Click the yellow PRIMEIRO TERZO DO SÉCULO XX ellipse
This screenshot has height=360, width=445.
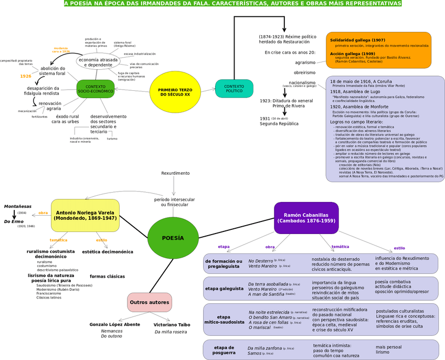click(x=175, y=92)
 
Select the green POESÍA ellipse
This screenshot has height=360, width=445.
click(x=173, y=238)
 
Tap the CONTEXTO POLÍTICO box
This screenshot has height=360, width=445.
click(x=234, y=89)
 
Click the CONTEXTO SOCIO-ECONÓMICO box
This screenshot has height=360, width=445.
click(x=96, y=89)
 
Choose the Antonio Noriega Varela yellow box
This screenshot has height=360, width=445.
click(x=85, y=215)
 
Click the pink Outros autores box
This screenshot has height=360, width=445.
click(x=150, y=302)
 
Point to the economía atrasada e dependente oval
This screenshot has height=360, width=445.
click(x=98, y=62)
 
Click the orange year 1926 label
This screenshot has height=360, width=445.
click(x=26, y=76)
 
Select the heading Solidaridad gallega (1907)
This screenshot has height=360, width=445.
click(x=358, y=40)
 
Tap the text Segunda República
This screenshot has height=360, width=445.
click(x=279, y=124)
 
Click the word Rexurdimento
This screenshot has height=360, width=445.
click(x=175, y=173)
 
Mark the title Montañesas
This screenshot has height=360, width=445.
click(x=18, y=206)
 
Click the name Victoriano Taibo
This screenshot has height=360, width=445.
click(x=172, y=325)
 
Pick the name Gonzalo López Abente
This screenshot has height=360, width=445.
click(x=115, y=324)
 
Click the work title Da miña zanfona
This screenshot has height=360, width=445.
click(x=264, y=348)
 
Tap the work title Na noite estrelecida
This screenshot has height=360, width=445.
click(x=269, y=312)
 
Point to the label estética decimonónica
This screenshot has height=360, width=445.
click(x=108, y=252)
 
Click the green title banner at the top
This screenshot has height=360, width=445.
click(x=232, y=4)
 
